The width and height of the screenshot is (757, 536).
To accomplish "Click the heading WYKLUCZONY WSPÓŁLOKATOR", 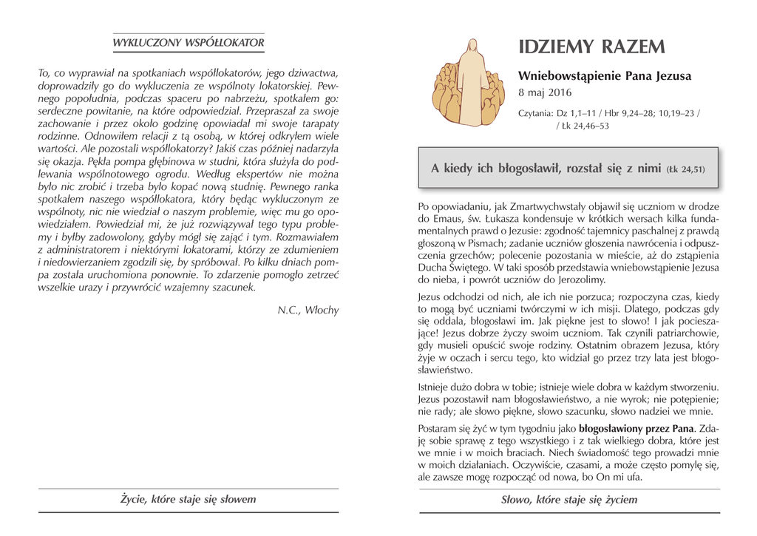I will pos(188,43).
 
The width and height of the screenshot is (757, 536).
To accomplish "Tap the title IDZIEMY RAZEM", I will pos(591,47).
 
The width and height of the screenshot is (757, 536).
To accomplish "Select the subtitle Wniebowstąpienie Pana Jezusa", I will pos(605,76).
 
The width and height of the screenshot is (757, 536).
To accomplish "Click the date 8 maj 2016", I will pos(545,93).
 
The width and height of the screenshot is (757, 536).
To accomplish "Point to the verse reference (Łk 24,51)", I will pos(685,169).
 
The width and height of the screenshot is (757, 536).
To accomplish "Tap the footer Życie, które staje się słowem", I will pos(188,499).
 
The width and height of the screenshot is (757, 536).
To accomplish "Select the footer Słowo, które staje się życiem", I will pos(568,500).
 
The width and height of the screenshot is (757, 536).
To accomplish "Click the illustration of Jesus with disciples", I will pos(468,82).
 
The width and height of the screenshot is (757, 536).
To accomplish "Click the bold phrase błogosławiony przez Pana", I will pos(637,427).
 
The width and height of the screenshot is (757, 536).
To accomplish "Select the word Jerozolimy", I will pos(571,279).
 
